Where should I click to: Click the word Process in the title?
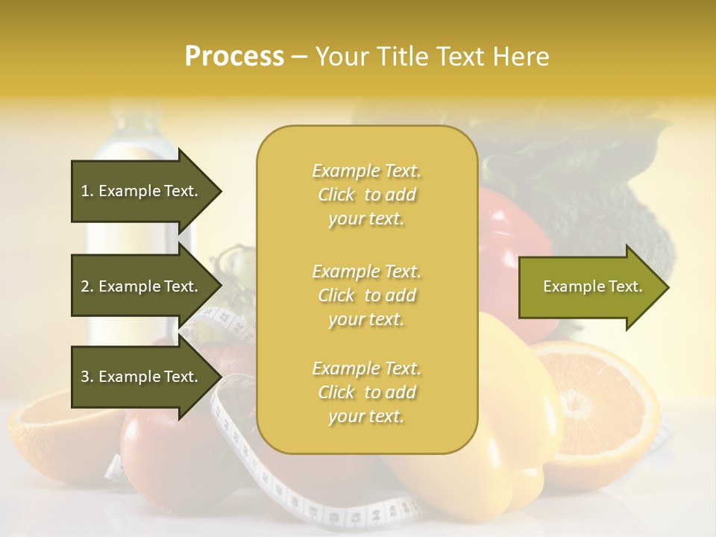pos(234,57)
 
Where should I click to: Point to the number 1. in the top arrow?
pos(87,191)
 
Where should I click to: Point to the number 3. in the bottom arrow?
pos(87,377)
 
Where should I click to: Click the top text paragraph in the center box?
pos(366,195)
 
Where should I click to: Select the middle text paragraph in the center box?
pos(366,295)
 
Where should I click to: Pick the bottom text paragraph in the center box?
pos(366,392)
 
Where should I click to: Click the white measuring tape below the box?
pos(298,500)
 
